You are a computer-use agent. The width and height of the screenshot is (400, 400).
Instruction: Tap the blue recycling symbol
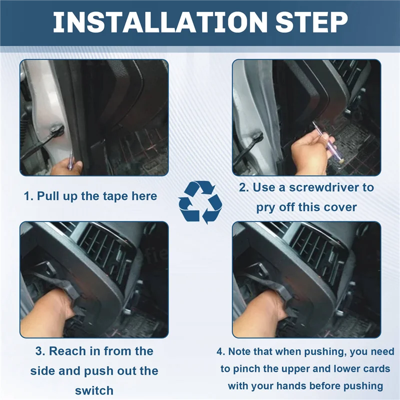[x=200, y=202]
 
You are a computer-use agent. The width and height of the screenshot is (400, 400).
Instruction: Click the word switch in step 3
[x=94, y=390]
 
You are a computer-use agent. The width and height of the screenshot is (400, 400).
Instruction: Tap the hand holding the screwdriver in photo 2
[x=310, y=154]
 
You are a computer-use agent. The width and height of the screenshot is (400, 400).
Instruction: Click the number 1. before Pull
[x=28, y=196]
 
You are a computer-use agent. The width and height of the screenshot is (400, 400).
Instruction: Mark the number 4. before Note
[x=221, y=351]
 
